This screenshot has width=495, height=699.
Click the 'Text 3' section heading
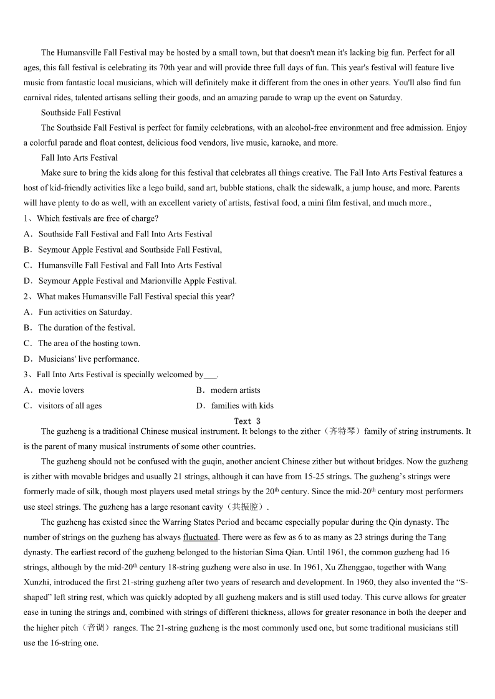[x=247, y=421]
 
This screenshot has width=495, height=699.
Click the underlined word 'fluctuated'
[x=200, y=537]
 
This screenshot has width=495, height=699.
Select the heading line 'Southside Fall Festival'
[x=80, y=113]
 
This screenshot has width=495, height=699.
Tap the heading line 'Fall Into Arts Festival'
[x=79, y=157]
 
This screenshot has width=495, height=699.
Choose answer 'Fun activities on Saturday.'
[x=85, y=312]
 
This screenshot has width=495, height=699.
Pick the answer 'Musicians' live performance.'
[x=89, y=359]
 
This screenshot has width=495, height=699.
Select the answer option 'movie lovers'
[x=60, y=390]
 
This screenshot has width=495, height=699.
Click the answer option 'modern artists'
[x=235, y=390]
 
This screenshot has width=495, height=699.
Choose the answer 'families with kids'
[x=242, y=406]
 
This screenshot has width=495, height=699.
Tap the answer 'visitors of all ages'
[x=70, y=406]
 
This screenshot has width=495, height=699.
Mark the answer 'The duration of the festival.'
[x=86, y=328]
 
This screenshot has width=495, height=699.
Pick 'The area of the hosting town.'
[x=89, y=344]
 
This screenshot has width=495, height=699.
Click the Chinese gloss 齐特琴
[x=342, y=431]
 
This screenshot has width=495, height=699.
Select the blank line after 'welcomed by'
[x=210, y=375]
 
